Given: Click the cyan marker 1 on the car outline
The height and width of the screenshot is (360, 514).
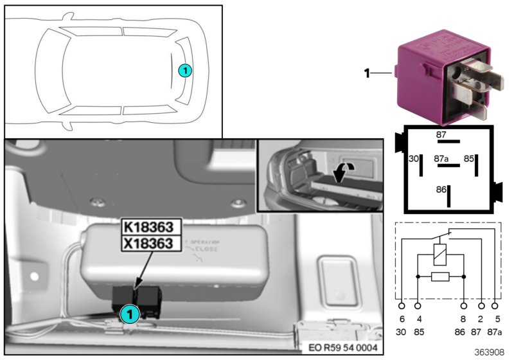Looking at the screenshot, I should click(x=184, y=71).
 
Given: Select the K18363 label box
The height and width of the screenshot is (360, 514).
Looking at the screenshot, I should click(x=152, y=228).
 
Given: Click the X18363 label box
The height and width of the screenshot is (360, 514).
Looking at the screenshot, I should click(x=152, y=244).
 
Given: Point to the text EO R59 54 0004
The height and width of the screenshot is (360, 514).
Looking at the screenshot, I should click(x=344, y=348).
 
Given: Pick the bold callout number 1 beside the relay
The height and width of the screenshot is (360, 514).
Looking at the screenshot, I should click(x=367, y=74).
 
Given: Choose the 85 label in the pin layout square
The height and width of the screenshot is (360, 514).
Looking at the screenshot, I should click(x=470, y=157).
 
